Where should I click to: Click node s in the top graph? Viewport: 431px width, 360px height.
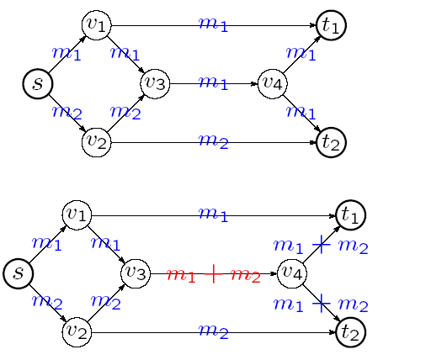point(38,84)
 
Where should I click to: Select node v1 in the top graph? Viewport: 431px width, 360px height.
point(97,25)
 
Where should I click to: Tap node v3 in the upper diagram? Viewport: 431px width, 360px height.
point(155,84)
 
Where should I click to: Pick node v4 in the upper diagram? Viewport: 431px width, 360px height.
point(273,84)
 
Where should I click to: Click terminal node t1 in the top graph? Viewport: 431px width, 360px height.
point(331,25)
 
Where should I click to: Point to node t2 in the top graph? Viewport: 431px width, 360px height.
point(331,142)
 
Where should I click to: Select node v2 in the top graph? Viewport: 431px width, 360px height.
point(97,142)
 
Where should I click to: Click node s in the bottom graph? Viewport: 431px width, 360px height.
point(19,273)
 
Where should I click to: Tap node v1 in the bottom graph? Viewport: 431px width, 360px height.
point(77,215)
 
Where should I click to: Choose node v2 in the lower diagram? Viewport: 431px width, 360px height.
point(77,332)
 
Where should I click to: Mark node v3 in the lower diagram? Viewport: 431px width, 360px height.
point(136,273)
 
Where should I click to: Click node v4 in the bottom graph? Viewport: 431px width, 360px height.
point(292,273)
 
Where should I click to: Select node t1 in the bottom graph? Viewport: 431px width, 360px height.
point(351,215)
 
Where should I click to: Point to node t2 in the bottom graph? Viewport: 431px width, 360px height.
point(351,332)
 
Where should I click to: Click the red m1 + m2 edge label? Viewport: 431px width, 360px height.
point(214,274)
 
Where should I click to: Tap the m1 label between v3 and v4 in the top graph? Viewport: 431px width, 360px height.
point(213,83)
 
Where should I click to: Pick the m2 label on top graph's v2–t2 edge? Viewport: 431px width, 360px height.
point(214,141)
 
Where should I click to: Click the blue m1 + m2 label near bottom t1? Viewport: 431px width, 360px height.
point(321,245)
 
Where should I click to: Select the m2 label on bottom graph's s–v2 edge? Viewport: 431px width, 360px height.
point(47,302)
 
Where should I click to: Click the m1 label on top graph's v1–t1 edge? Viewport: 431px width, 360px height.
point(213,24)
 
